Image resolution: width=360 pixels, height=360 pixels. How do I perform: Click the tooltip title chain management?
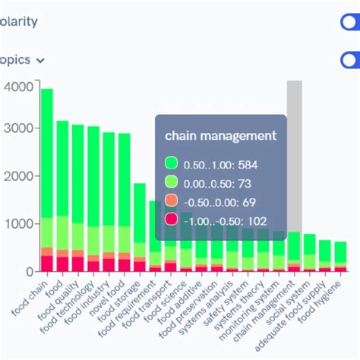pyautogui.click(x=220, y=136)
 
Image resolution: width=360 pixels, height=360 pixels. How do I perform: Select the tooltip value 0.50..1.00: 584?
pyautogui.click(x=220, y=163)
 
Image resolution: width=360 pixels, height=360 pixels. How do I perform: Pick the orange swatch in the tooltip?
pyautogui.click(x=172, y=201)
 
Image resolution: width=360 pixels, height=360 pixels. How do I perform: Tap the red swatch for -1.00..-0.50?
pyautogui.click(x=172, y=220)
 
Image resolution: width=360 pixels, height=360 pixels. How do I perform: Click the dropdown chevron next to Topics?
pyautogui.click(x=40, y=60)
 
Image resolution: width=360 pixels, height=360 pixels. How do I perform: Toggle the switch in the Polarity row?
pyautogui.click(x=350, y=21)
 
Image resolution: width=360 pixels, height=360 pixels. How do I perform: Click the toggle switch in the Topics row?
pyautogui.click(x=350, y=59)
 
